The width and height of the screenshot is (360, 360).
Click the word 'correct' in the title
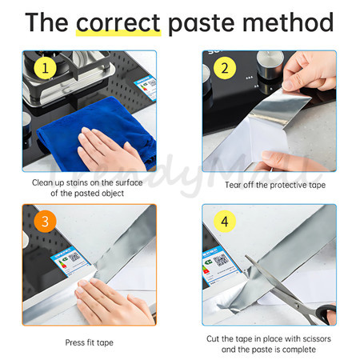[x=118, y=22]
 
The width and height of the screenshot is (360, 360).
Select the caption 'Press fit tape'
[x=89, y=342]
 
